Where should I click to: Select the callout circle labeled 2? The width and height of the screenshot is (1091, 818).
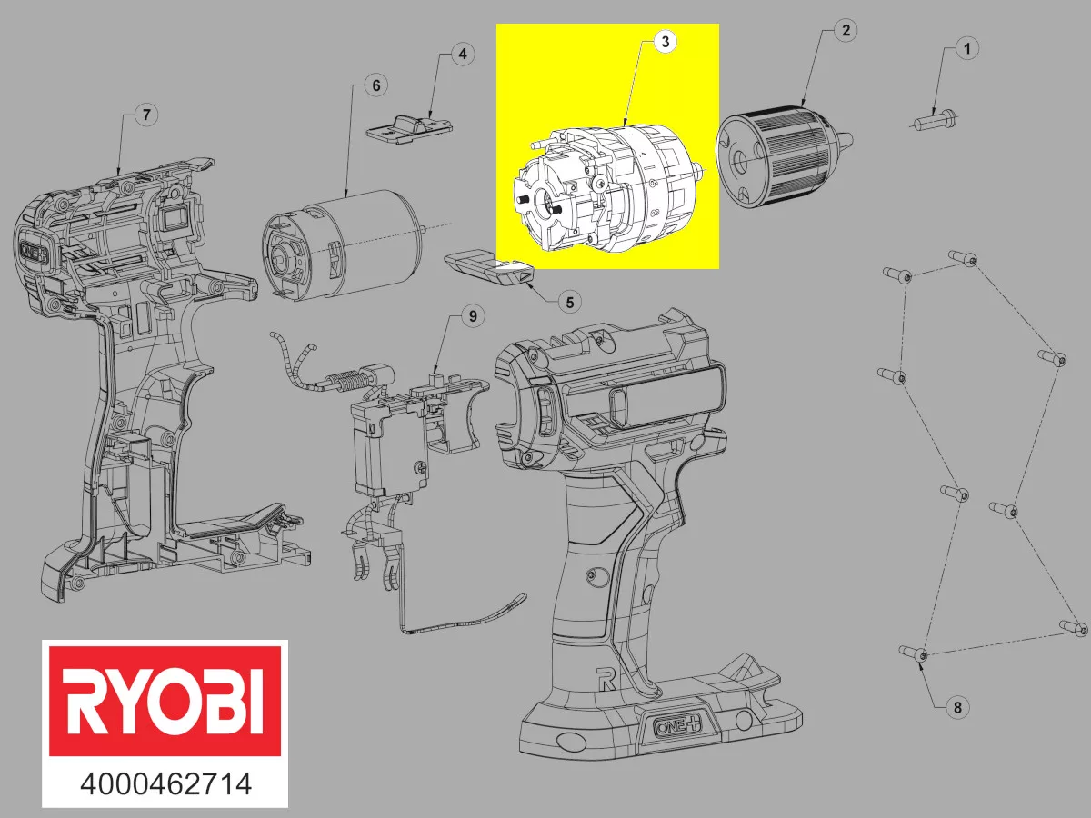(845, 30)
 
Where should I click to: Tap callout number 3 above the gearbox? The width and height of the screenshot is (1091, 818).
(666, 42)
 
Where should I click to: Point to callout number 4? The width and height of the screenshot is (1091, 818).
(462, 54)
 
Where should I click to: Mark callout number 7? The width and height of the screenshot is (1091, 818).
(145, 115)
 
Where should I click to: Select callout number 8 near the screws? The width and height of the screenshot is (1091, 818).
(953, 706)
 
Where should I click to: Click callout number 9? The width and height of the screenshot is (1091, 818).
(472, 315)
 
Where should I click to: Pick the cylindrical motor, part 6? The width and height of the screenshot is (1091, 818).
(341, 241)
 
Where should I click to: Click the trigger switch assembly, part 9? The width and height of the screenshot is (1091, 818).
(400, 436)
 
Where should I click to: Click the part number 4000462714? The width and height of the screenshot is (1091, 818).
(166, 783)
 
